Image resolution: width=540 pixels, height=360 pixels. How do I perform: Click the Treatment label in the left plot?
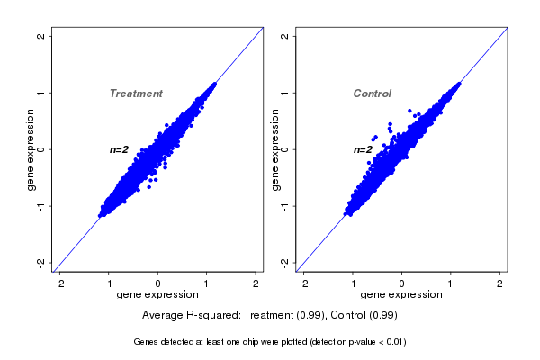(x=136, y=94)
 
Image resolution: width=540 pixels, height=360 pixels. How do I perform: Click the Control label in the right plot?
(x=373, y=94)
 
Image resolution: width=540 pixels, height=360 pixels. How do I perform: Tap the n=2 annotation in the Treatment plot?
(x=120, y=149)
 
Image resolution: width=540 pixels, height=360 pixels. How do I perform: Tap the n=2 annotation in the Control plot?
(x=363, y=149)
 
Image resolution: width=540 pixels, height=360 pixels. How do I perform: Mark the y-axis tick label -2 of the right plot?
(x=284, y=262)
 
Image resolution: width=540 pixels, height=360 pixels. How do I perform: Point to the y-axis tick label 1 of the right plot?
(x=284, y=93)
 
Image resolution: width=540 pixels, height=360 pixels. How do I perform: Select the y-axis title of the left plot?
(x=31, y=149)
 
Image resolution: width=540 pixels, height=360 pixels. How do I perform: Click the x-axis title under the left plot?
(x=157, y=295)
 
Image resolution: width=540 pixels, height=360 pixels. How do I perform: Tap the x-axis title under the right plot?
(x=401, y=295)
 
